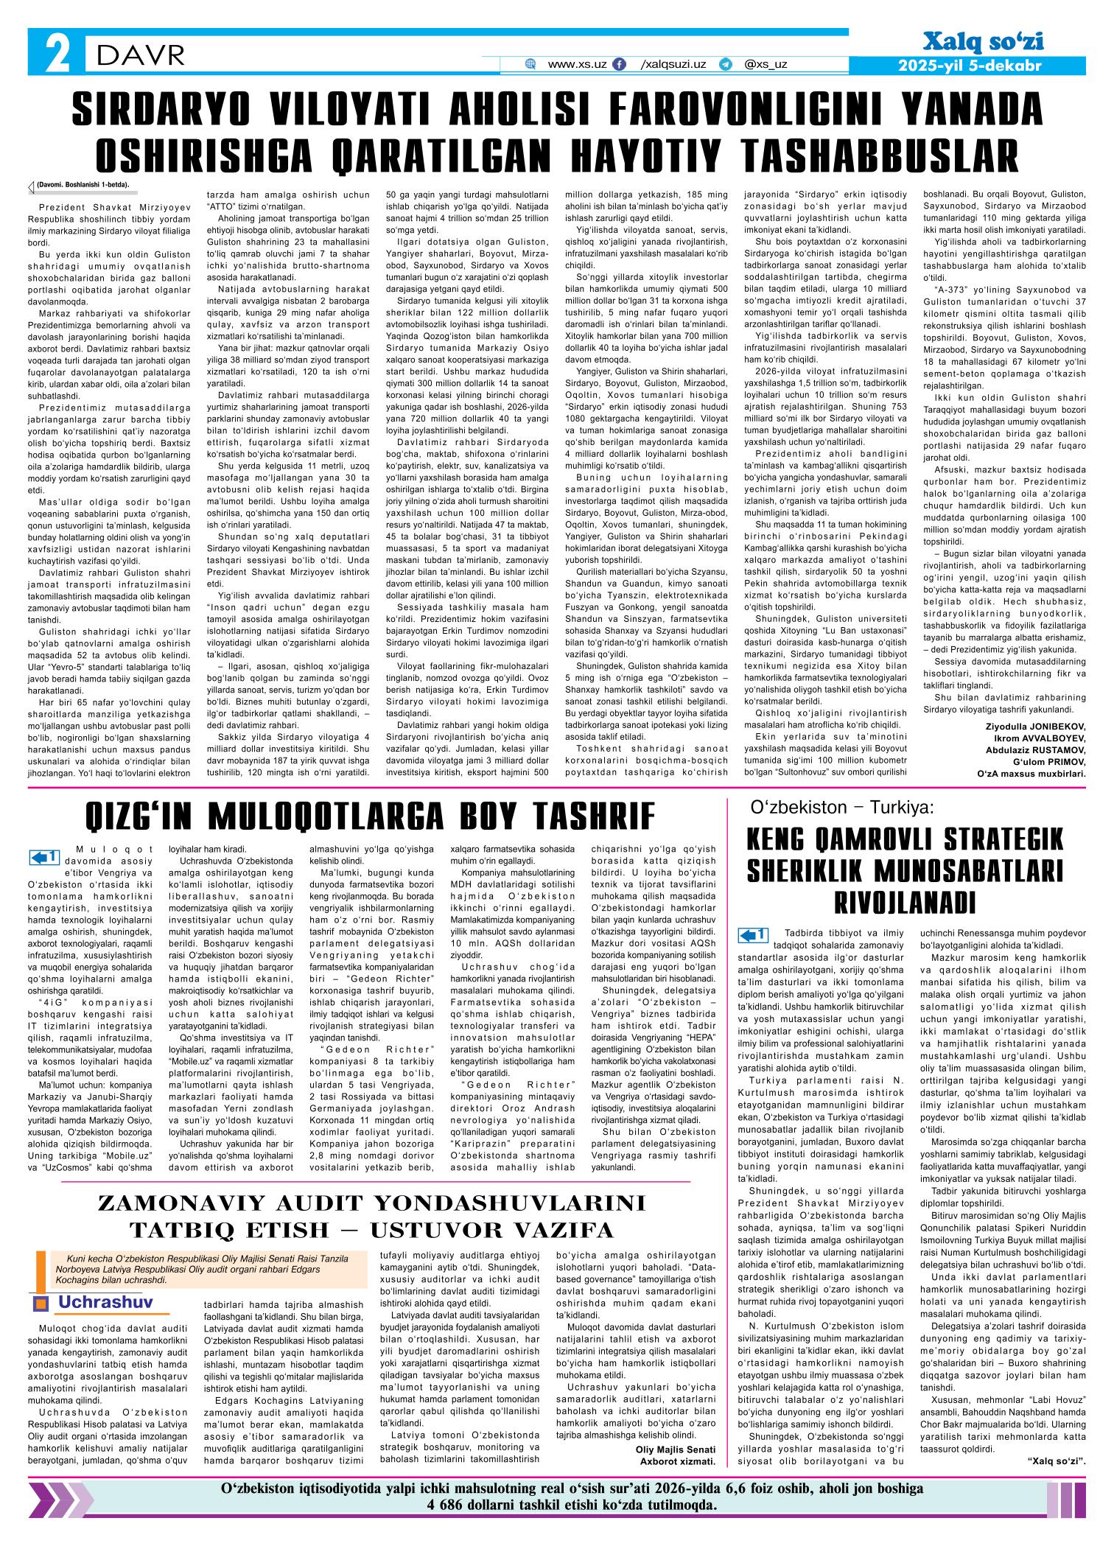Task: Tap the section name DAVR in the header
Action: click(x=139, y=53)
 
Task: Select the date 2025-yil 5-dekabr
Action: click(x=970, y=66)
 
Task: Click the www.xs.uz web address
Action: click(x=577, y=64)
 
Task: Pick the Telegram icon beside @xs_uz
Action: click(x=726, y=65)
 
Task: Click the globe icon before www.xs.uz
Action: click(x=530, y=65)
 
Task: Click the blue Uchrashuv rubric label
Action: click(x=105, y=1302)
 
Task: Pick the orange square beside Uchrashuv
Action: click(x=41, y=1304)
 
